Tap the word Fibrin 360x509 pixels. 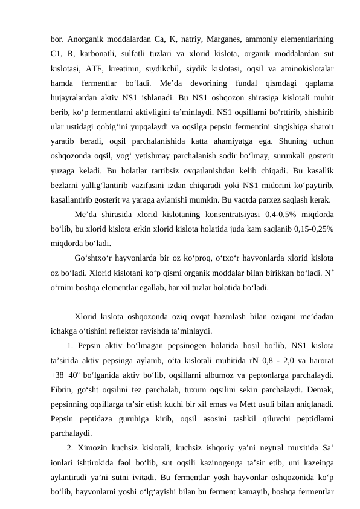tap(62, 389)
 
